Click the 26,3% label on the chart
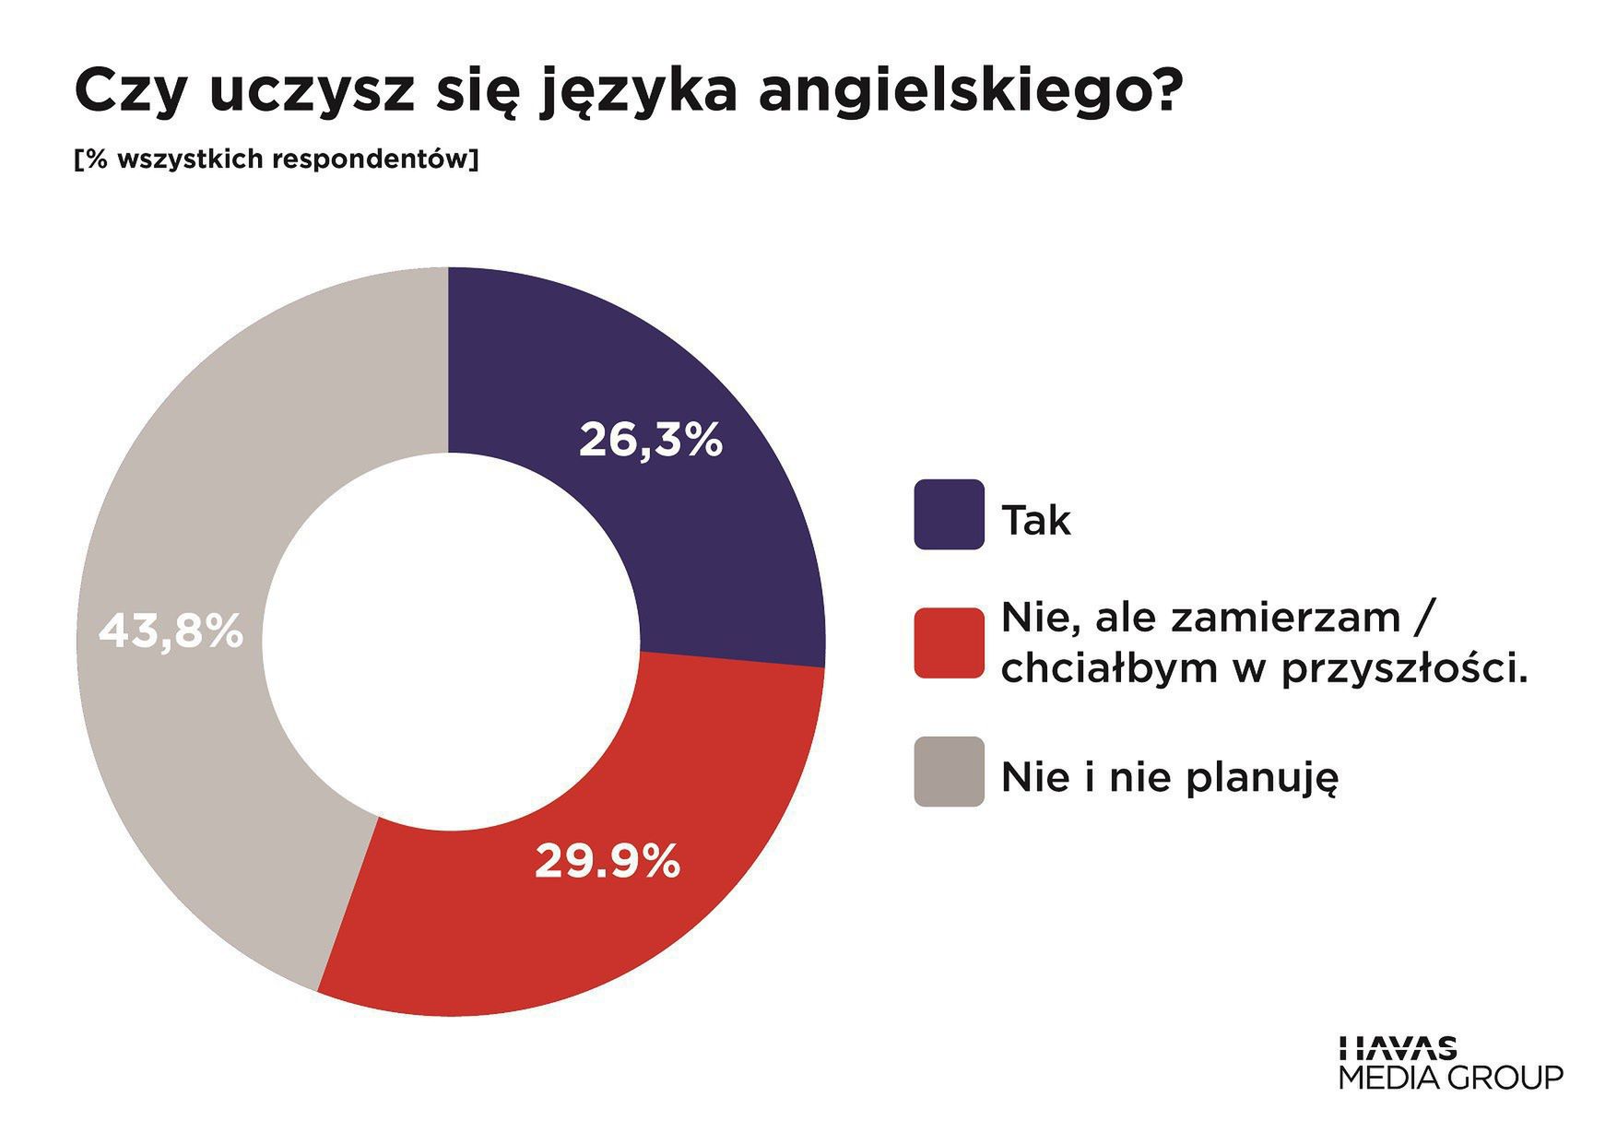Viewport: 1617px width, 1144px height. pos(650,440)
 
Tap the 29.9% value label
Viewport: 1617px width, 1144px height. pos(608,862)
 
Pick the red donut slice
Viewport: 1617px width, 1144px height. pos(553,922)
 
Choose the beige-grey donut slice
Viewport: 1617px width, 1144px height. pos(203,737)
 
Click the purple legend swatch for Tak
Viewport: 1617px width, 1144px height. pos(949,514)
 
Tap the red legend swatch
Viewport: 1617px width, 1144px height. pos(949,643)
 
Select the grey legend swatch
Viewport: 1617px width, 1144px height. pos(949,772)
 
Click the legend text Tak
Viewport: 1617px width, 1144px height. pos(1036,521)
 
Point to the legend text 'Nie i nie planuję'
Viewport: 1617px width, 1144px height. pos(1169,778)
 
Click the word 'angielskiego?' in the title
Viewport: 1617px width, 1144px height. pos(968,92)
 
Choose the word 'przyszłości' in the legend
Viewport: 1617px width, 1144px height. pos(1400,669)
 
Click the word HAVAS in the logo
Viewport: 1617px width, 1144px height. pos(1398,1048)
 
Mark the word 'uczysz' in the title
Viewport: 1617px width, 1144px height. pos(313,92)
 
